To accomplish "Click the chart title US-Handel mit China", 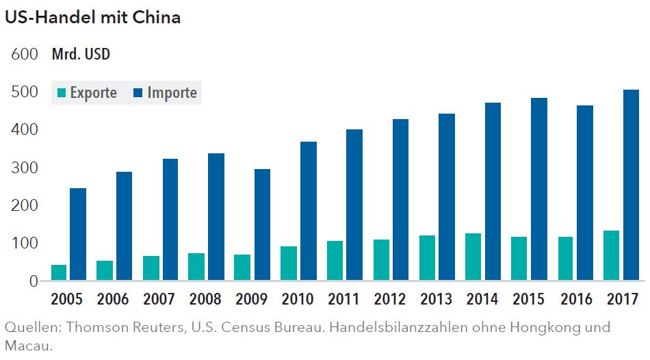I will pos(92,18).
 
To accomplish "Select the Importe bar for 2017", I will pos(631,185).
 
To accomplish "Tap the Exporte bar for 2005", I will pos(59,272).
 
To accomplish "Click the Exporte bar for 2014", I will pos(473,257).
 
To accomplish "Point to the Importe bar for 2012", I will pos(400,199).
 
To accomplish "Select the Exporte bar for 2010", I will pos(289,263).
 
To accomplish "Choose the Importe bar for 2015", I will pos(538,189).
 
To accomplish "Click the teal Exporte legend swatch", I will pos(62,93).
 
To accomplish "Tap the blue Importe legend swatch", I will pos(138,93).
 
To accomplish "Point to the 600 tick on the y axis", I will pos(24,55).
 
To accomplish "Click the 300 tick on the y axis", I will pos(24,168).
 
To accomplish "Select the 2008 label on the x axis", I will pos(205,299).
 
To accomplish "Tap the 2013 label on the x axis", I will pos(436,299).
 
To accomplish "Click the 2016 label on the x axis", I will pos(575,299).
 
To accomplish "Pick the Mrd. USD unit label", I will pos(81,55).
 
